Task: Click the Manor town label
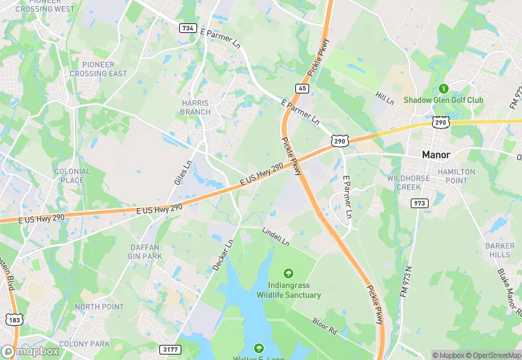coord(436,155)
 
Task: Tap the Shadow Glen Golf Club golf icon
coord(444,89)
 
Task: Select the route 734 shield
coord(188,28)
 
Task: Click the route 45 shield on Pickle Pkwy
coord(302,88)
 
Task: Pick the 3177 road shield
coord(170,350)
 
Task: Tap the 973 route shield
coord(419,203)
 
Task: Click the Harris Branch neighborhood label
coord(196,107)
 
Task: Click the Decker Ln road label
coord(223,254)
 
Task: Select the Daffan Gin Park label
coord(146,251)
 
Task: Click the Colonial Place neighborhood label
coord(72,176)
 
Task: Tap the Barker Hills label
coord(499,250)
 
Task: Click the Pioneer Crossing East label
coord(98,69)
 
